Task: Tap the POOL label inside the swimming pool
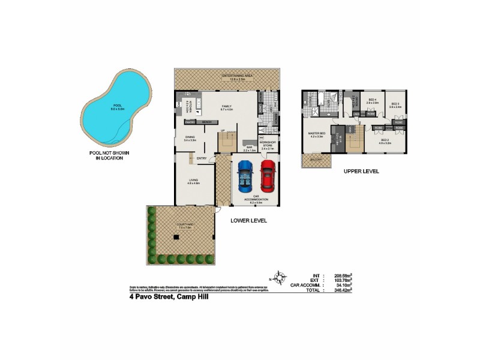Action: tap(108, 106)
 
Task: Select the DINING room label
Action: tap(190, 139)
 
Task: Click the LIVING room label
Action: tap(194, 179)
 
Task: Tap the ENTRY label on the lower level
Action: tap(202, 158)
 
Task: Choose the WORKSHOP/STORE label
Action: tap(267, 144)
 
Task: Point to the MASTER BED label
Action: tap(317, 135)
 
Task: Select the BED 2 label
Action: tap(385, 142)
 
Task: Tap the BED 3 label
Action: tap(395, 104)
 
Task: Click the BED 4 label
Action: tap(372, 100)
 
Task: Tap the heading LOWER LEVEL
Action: tap(248, 221)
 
